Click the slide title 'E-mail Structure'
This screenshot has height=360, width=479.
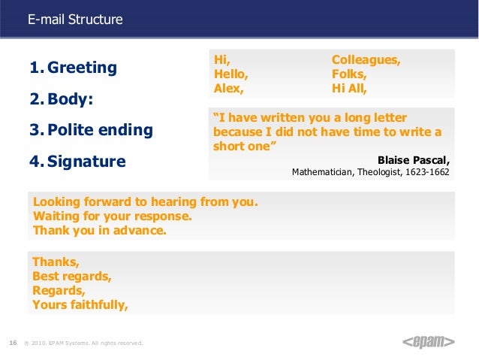pyautogui.click(x=75, y=20)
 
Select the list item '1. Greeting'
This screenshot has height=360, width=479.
pyautogui.click(x=73, y=68)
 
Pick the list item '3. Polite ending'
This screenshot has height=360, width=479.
pyautogui.click(x=91, y=130)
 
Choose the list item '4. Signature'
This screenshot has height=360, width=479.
pyautogui.click(x=77, y=162)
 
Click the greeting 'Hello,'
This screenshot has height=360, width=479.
pyautogui.click(x=231, y=74)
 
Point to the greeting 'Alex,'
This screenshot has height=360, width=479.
pyautogui.click(x=229, y=88)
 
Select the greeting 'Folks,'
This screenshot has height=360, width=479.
pyautogui.click(x=349, y=74)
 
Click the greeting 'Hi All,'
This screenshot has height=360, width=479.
pyautogui.click(x=350, y=88)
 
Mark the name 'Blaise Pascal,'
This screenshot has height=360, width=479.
pyautogui.click(x=414, y=159)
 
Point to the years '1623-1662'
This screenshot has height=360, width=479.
pyautogui.click(x=426, y=171)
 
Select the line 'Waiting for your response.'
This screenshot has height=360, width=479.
pyautogui.click(x=113, y=216)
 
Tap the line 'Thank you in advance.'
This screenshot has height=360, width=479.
pyautogui.click(x=100, y=231)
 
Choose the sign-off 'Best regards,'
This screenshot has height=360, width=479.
pyautogui.click(x=72, y=276)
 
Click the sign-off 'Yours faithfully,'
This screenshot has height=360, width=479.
pyautogui.click(x=80, y=304)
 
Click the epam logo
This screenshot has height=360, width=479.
pyautogui.click(x=429, y=343)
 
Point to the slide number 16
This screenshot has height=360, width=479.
pyautogui.click(x=13, y=343)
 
